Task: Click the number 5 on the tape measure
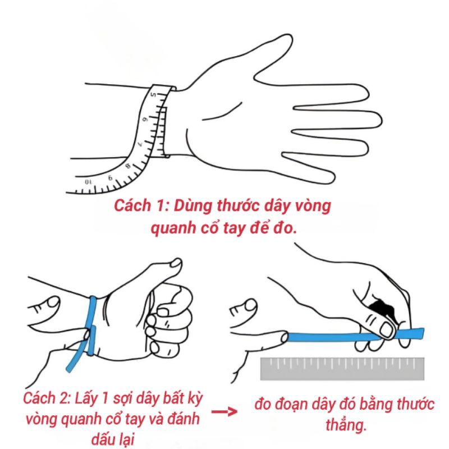(x=153, y=94)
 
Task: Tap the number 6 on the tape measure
(x=145, y=119)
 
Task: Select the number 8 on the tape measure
(x=128, y=166)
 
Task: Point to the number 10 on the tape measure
(x=89, y=182)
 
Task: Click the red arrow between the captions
(x=224, y=412)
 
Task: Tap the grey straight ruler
(x=342, y=369)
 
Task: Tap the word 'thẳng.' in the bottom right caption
(x=346, y=425)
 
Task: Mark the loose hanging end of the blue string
(x=69, y=369)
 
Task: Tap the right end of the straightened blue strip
(x=423, y=333)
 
